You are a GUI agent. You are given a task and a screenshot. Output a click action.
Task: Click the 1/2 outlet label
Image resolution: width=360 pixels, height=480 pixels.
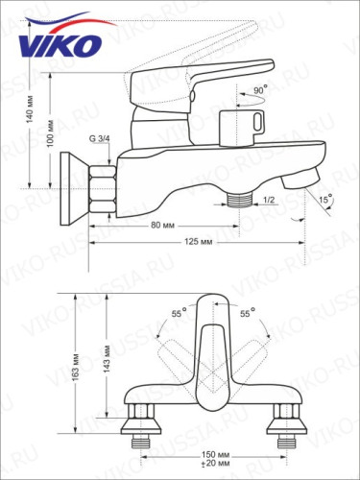click(270, 200)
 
